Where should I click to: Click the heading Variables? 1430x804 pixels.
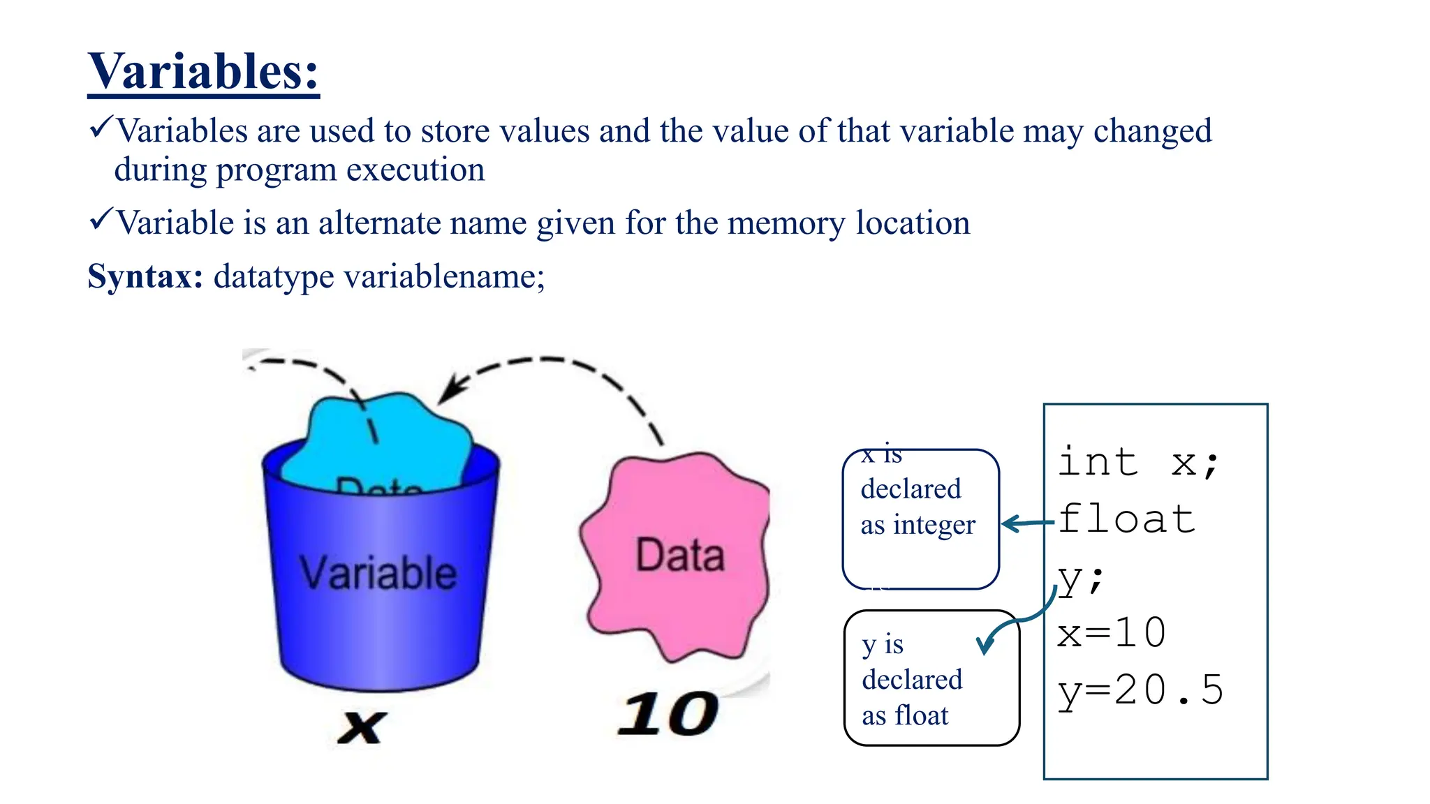coord(203,71)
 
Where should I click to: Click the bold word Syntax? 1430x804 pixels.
coord(145,276)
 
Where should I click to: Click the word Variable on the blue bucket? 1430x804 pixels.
coord(378,573)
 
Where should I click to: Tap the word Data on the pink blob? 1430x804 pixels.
coord(680,556)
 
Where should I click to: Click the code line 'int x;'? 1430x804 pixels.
coord(1138,462)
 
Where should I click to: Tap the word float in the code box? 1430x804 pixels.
coord(1126,519)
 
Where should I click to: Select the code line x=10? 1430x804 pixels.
coord(1111,633)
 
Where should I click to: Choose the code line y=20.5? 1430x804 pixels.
coord(1140,690)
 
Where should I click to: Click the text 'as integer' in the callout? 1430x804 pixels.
coord(917,525)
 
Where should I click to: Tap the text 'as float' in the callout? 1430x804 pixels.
coord(905,715)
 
